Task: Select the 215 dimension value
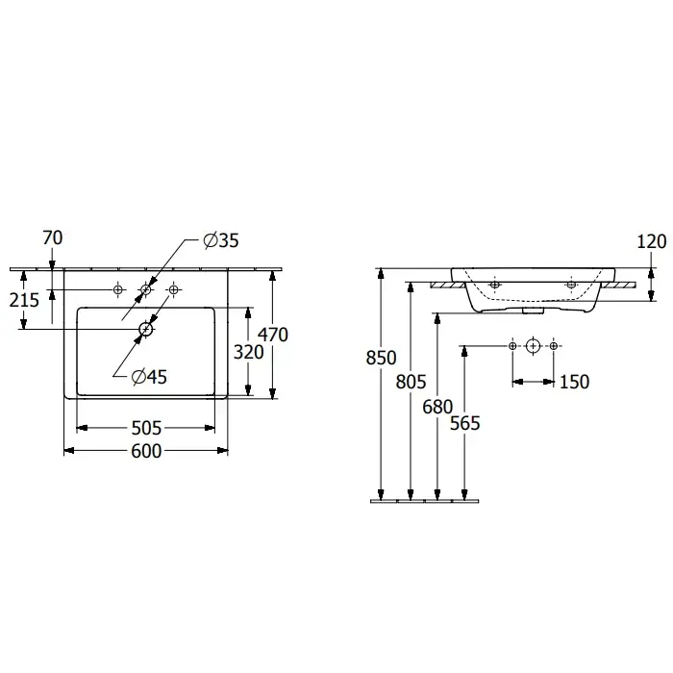pos(26,300)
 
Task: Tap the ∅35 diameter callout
pos(221,240)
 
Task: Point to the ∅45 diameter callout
pos(150,377)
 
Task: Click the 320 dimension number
pos(249,353)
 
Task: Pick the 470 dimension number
pos(273,334)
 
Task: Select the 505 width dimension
pos(146,427)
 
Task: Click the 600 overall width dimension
pos(146,451)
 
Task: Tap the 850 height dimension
pos(382,358)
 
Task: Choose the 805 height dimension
pos(410,381)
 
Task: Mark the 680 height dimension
pos(437,406)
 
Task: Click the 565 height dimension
pos(464,422)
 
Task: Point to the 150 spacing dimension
pos(573,382)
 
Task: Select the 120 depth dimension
pos(651,241)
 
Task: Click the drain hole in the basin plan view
pos(145,329)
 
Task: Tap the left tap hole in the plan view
pos(118,289)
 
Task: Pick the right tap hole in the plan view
pos(174,289)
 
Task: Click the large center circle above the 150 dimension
pos(534,345)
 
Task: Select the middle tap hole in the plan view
pos(146,289)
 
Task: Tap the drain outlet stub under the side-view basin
pos(532,311)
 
